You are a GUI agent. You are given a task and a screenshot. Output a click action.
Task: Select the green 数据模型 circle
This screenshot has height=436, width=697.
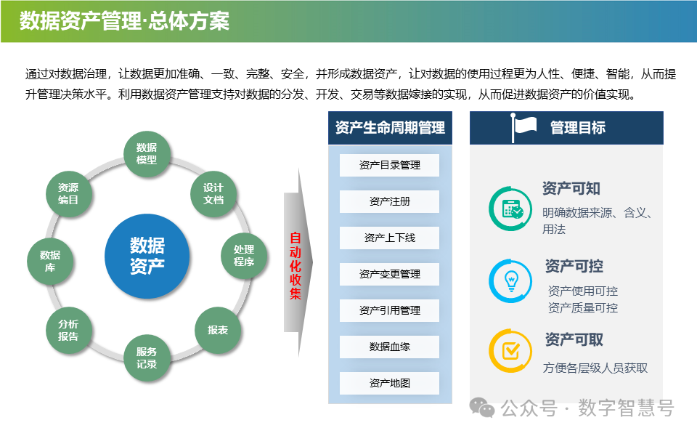(x=147, y=153)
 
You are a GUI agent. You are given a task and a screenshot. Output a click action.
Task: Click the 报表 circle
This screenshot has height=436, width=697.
(x=218, y=330)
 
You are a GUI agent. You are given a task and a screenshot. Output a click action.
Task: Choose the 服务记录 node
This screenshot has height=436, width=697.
(x=147, y=358)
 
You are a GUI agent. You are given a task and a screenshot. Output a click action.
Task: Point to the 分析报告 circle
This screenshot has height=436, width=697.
(x=68, y=330)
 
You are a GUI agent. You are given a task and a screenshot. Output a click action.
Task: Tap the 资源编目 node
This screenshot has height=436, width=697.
(x=68, y=193)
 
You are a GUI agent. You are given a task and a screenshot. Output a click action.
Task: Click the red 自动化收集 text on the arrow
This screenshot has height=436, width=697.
(x=295, y=266)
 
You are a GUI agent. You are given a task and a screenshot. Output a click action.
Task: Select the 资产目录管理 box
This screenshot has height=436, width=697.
(x=390, y=165)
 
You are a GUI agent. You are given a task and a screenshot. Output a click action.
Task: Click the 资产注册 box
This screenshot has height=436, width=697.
(x=390, y=201)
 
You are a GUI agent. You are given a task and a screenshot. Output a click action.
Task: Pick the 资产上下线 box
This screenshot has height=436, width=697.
(x=390, y=238)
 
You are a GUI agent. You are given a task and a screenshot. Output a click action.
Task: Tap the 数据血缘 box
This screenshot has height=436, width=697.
(x=390, y=347)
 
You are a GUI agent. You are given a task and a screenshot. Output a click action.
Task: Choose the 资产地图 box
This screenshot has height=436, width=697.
(x=390, y=383)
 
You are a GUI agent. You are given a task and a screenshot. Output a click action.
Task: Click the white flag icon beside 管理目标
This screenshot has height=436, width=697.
(x=524, y=127)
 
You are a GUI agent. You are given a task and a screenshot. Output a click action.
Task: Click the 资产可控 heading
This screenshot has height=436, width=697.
(x=574, y=267)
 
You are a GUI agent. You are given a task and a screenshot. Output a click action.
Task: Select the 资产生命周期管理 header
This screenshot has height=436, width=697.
(x=390, y=128)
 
